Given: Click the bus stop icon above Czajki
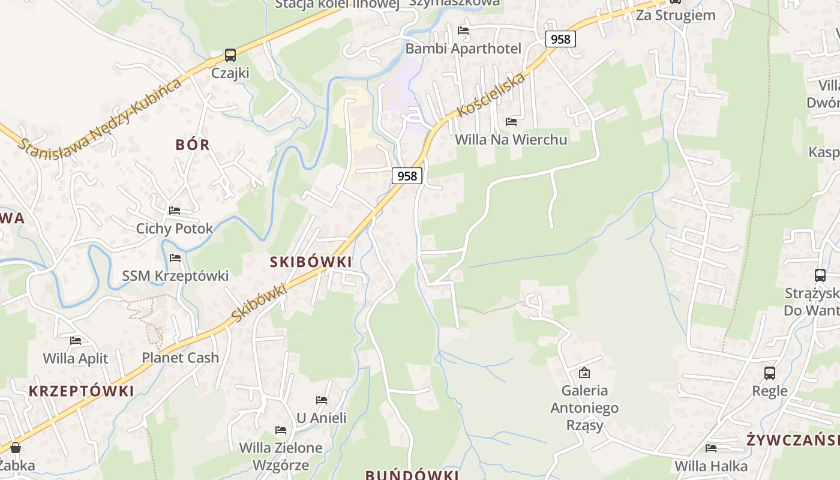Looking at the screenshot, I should (230, 55).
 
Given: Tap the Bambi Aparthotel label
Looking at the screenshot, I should (463, 49).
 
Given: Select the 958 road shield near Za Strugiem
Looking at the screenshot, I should (560, 39).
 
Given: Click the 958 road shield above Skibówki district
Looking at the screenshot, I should (407, 176).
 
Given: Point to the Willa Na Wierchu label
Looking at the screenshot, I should (511, 140).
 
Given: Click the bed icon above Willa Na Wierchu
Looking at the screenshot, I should (511, 122).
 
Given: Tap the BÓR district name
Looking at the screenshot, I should (193, 145).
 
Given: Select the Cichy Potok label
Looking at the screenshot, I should (175, 229).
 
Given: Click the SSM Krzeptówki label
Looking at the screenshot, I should (175, 276).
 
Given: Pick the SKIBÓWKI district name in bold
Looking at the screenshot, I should (311, 262).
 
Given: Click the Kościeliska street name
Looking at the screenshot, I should (491, 95).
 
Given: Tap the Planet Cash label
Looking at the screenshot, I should (180, 358).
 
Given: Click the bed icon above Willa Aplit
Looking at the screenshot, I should (76, 341).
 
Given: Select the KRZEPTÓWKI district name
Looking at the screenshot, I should (82, 391).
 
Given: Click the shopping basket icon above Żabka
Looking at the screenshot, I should (16, 448).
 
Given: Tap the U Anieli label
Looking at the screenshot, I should (322, 418).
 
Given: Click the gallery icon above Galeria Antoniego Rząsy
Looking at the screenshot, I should (584, 373).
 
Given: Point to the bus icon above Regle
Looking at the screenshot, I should (770, 373).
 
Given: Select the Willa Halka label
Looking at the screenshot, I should (711, 466).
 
